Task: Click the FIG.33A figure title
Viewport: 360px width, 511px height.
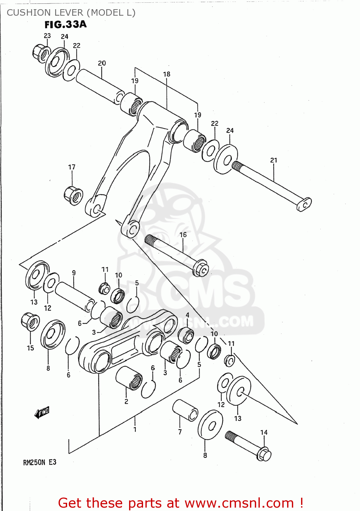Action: pos(65,24)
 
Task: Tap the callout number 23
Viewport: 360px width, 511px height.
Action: pos(47,35)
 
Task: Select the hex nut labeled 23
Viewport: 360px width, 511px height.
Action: pos(40,53)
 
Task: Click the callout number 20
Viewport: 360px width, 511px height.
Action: pos(102,63)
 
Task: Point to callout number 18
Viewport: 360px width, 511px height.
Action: pos(167,74)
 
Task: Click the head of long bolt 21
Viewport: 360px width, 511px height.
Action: pos(304,204)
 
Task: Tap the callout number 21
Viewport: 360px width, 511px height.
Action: pos(274,160)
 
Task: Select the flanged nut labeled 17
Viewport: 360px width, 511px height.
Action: pos(74,196)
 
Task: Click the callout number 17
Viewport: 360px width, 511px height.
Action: pos(72,167)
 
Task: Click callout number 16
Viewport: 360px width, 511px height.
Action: pos(183,235)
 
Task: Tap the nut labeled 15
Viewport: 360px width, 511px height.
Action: pos(30,322)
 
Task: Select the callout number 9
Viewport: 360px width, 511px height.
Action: pos(74,273)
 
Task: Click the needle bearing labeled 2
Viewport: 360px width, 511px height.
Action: pos(129,378)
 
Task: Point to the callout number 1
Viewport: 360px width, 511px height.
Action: pos(135,429)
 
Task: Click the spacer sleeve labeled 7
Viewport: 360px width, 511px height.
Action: pos(185,411)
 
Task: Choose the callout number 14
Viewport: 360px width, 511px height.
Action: pos(264,432)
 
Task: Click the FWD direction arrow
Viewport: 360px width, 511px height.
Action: pos(42,413)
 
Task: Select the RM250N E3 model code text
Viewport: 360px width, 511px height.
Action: pos(40,462)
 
